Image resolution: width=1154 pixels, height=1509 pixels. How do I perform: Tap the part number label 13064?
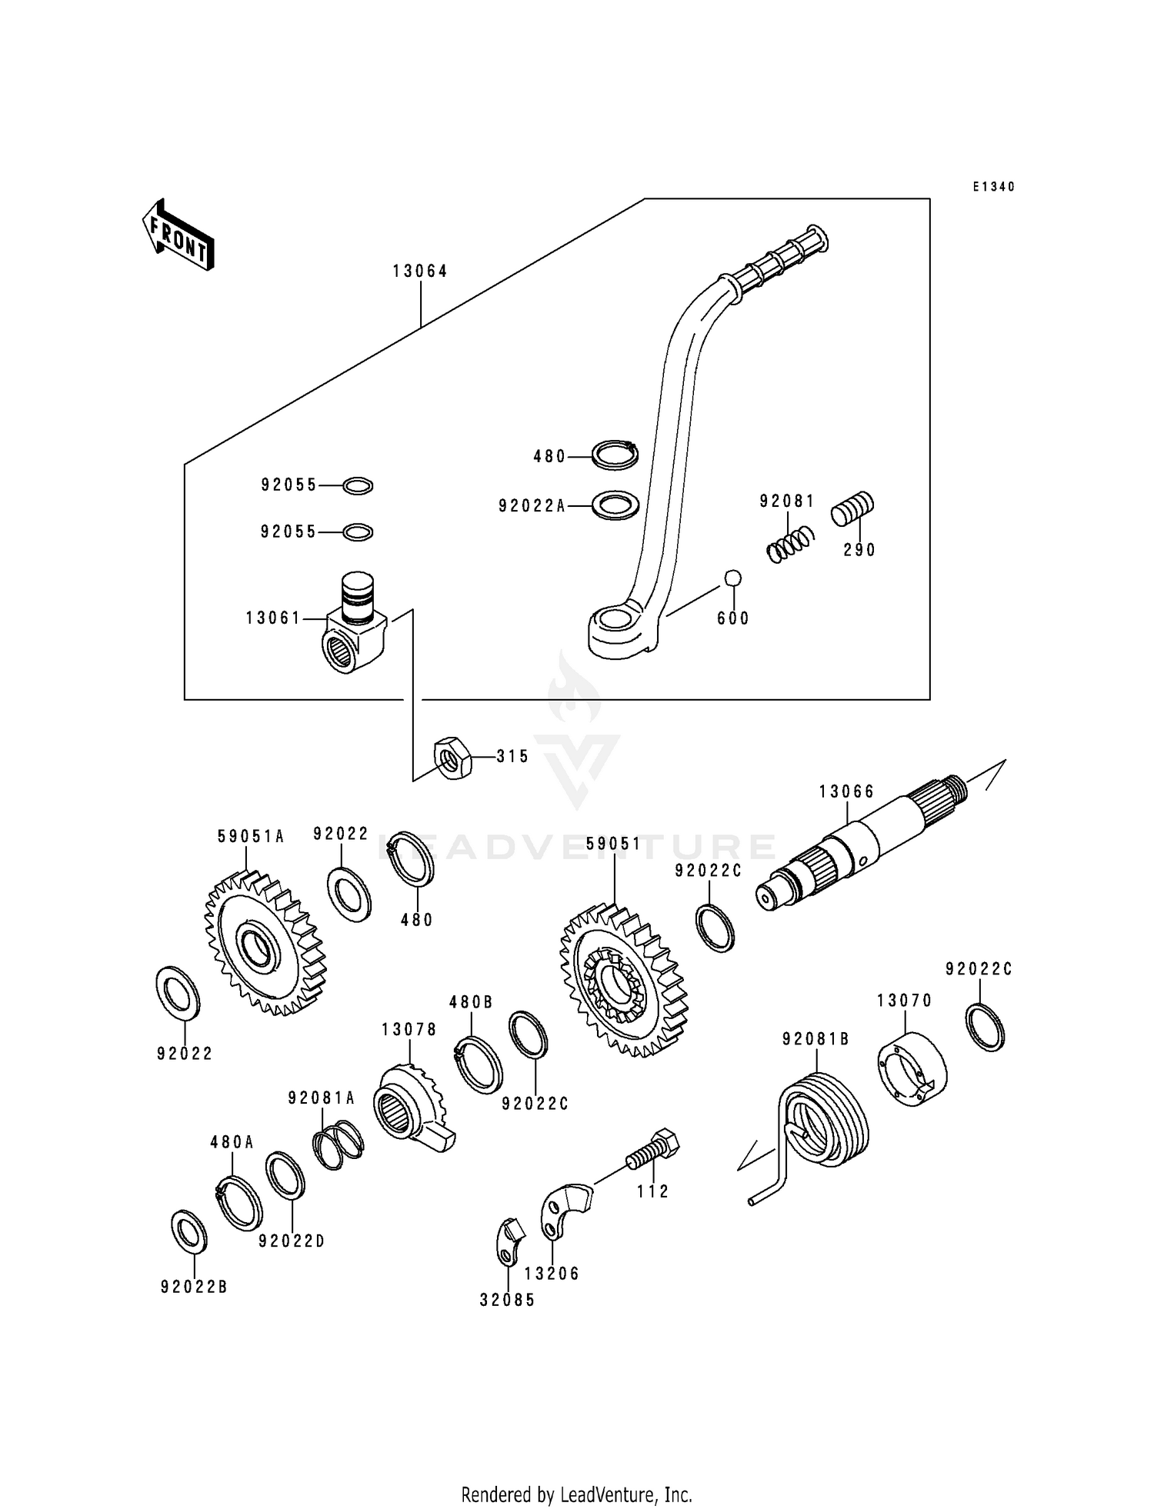click(420, 271)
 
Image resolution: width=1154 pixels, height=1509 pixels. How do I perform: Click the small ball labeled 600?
click(732, 578)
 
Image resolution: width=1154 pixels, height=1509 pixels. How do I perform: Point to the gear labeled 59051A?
click(265, 944)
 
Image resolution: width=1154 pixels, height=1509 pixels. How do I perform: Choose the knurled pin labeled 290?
click(852, 508)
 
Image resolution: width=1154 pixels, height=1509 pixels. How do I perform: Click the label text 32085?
click(507, 1300)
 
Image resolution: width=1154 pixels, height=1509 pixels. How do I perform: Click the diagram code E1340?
click(993, 187)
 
